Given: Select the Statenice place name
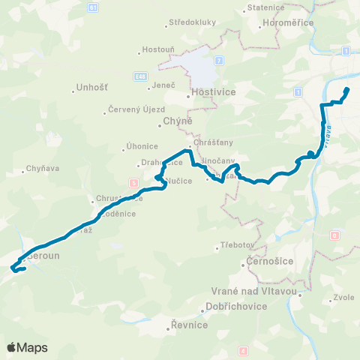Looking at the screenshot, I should [263, 10].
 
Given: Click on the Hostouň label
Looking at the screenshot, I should [155, 52].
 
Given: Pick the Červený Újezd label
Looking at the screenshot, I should [133, 112].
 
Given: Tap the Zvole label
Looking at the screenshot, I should [343, 297].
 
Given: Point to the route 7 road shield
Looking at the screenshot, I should [218, 59].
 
